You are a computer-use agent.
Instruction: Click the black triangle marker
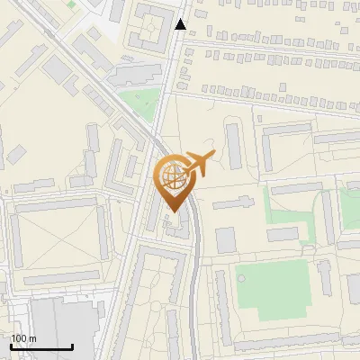pos(181,24)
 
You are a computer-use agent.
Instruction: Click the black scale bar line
pos(41,346)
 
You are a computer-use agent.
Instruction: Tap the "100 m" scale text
pos(24,337)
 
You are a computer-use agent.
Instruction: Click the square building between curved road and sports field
pos(225,239)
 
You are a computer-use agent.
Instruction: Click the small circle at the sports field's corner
pos(321,265)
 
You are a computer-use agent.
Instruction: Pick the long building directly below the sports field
pos(279,340)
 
